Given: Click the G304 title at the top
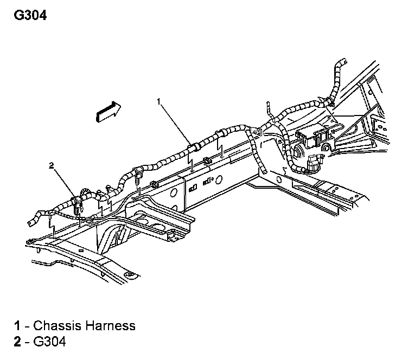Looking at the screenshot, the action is (30, 15).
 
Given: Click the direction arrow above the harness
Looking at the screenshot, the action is (109, 112).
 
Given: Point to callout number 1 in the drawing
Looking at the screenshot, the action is (159, 101).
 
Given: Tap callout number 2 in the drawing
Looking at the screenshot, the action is (51, 165).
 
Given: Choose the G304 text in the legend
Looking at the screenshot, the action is (50, 341).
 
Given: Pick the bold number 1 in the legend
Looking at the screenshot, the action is (17, 325).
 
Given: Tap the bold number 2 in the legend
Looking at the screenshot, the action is (17, 341).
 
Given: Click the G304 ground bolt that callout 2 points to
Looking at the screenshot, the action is (76, 205).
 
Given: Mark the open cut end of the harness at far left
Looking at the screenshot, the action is (30, 223).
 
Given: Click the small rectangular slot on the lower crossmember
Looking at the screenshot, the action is (81, 251).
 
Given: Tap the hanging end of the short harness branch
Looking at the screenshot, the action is (265, 171).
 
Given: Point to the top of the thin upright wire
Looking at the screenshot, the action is (267, 102).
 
